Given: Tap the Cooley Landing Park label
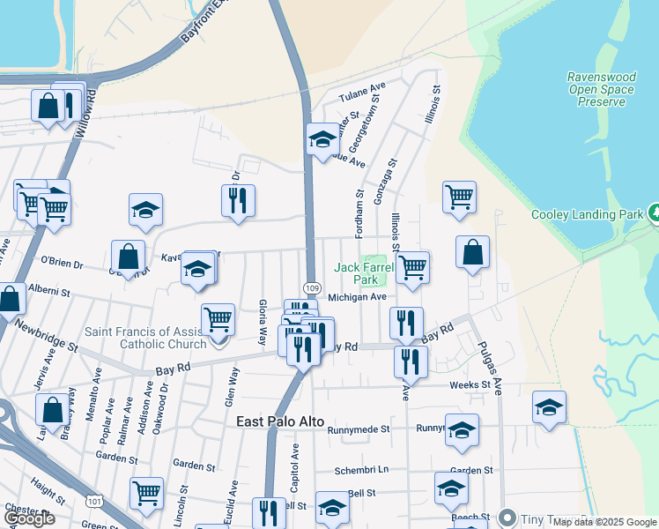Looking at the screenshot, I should coord(587,214).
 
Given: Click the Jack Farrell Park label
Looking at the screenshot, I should coord(359,274).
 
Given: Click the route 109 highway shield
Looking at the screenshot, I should coord(312,287).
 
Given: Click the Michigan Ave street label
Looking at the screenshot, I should coord(358,297).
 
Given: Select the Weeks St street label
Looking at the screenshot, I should coord(469,384).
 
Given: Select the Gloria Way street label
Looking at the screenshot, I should coord(263,321).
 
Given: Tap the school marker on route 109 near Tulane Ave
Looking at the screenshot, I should coord(322,138).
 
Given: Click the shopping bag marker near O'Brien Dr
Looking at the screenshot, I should coord(129,257).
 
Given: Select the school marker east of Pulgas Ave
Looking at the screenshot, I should coord(549,406).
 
